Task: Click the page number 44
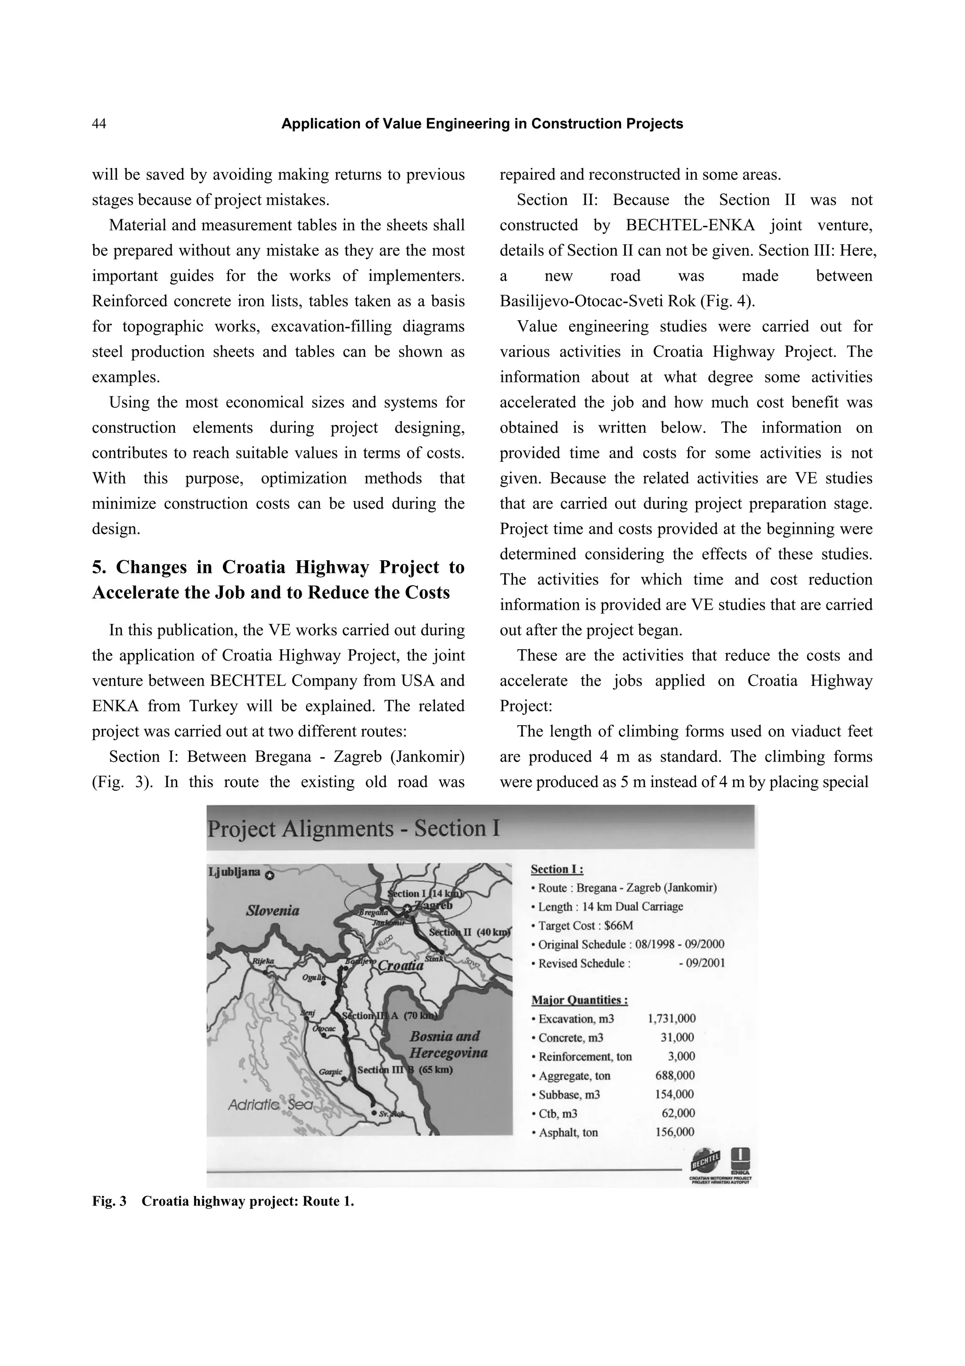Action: [98, 124]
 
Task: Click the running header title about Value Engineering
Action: [482, 124]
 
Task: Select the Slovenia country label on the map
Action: [273, 910]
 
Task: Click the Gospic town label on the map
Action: [331, 1071]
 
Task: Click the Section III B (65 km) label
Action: [405, 1069]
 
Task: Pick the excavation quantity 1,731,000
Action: [671, 1018]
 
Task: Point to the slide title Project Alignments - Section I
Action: [353, 829]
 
